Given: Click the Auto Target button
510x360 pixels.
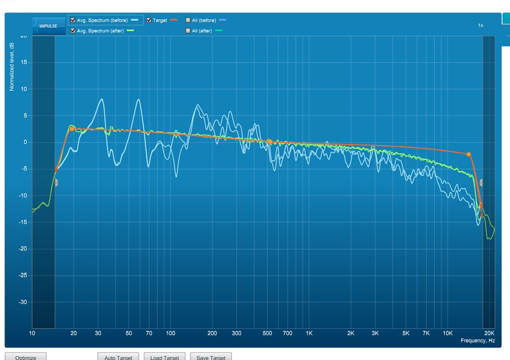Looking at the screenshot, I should click(x=118, y=357).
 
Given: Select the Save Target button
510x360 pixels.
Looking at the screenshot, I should click(x=210, y=357).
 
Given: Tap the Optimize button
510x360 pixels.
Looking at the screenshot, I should click(x=25, y=357).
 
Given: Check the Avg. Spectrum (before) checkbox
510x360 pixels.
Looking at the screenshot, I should click(x=73, y=20).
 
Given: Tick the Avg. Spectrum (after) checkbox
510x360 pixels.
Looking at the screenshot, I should click(x=73, y=31).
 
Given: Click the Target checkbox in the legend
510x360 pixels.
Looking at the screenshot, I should click(x=149, y=20).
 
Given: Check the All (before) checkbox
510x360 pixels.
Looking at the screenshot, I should click(x=188, y=20).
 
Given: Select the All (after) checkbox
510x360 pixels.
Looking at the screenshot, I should click(x=188, y=31).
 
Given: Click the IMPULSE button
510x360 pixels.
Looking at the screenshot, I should click(x=49, y=26).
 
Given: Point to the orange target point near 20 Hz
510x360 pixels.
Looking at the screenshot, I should click(x=72, y=129).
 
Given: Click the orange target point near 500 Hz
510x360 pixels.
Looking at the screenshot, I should click(x=270, y=142).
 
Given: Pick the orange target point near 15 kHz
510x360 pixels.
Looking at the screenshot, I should click(x=469, y=154).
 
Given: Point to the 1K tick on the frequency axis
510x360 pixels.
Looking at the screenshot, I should click(x=309, y=333).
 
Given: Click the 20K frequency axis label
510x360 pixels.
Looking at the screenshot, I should click(x=489, y=333).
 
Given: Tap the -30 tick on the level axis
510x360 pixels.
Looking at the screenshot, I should click(x=23, y=302).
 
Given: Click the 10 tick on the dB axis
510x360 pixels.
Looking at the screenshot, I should click(x=24, y=89).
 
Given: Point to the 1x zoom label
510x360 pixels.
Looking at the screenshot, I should click(x=481, y=26).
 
